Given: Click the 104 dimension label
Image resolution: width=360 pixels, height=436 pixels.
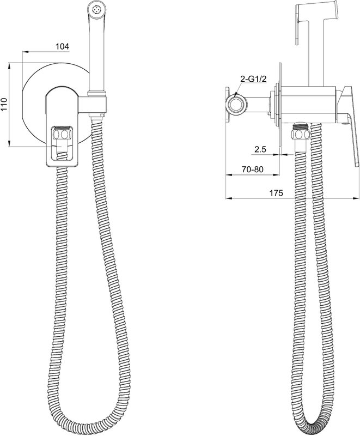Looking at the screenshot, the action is tap(62, 46).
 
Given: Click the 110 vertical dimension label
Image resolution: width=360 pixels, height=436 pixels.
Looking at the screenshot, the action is tap(4, 104).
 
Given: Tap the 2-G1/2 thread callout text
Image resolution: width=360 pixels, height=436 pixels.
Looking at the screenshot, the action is tap(253, 79).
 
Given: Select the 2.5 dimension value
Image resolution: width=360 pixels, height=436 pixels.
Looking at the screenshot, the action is tap(260, 149).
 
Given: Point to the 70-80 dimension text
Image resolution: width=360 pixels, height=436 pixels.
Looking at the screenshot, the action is tap(252, 169).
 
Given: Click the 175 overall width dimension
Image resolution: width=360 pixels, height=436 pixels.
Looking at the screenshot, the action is tap(276, 193).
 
